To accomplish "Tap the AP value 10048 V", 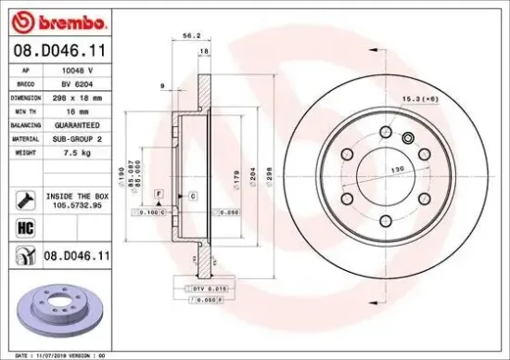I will (x=77, y=70).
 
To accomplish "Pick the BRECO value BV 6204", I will (x=77, y=83).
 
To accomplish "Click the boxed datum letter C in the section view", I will (x=193, y=197).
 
